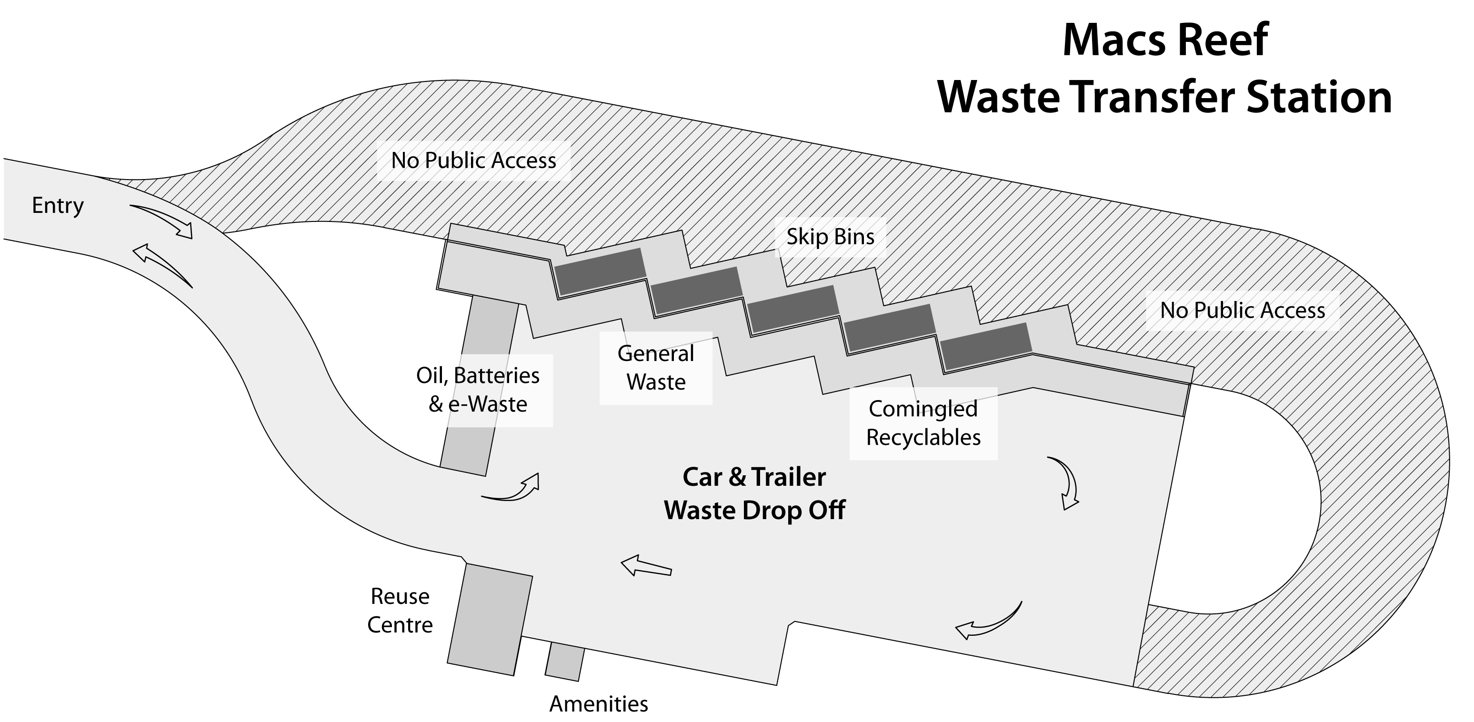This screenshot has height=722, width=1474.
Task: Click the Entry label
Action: (57, 205)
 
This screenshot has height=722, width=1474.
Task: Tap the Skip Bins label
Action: (830, 237)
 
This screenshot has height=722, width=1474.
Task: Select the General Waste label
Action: (656, 368)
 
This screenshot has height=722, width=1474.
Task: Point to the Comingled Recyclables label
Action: (923, 423)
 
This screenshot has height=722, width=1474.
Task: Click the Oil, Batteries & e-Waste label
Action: (478, 390)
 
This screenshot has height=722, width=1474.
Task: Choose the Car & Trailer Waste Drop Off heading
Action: (754, 493)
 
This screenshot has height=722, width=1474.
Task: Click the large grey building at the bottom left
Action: (491, 618)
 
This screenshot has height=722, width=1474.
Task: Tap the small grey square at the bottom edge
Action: (565, 662)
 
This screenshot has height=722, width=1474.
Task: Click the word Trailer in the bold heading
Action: (789, 477)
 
